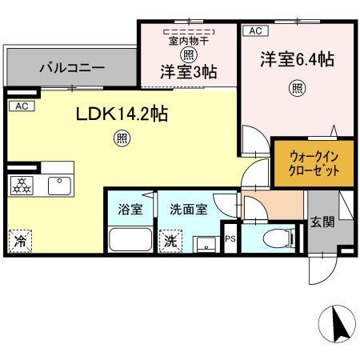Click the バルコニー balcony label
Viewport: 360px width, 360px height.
coord(72,68)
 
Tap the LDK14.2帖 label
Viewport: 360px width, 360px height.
coord(122,114)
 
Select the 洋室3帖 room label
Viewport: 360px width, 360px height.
coord(189,72)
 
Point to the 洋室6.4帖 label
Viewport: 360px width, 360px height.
coord(298,59)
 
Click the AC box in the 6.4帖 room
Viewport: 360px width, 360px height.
coord(255,30)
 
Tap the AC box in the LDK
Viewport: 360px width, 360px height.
coord(22,106)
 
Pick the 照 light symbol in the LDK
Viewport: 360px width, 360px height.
coord(122,138)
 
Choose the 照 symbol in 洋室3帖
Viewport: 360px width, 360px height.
coord(189,55)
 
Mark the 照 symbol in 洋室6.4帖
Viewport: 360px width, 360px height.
coord(298,88)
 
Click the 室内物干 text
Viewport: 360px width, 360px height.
coord(189,41)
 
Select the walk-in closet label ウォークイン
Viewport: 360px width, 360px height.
coord(314,156)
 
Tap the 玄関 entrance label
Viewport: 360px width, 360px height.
coord(322,222)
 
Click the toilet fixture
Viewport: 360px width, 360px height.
coord(278,238)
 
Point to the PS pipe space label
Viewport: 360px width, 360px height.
coord(230,238)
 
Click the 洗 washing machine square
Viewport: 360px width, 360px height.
coord(170,242)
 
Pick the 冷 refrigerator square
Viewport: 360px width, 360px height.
coord(20,242)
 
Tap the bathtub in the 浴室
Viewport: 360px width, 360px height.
coord(130,239)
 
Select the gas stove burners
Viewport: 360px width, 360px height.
coord(22,186)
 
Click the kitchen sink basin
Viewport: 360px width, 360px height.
coord(59,186)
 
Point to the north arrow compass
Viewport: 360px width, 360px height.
coord(337,324)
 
